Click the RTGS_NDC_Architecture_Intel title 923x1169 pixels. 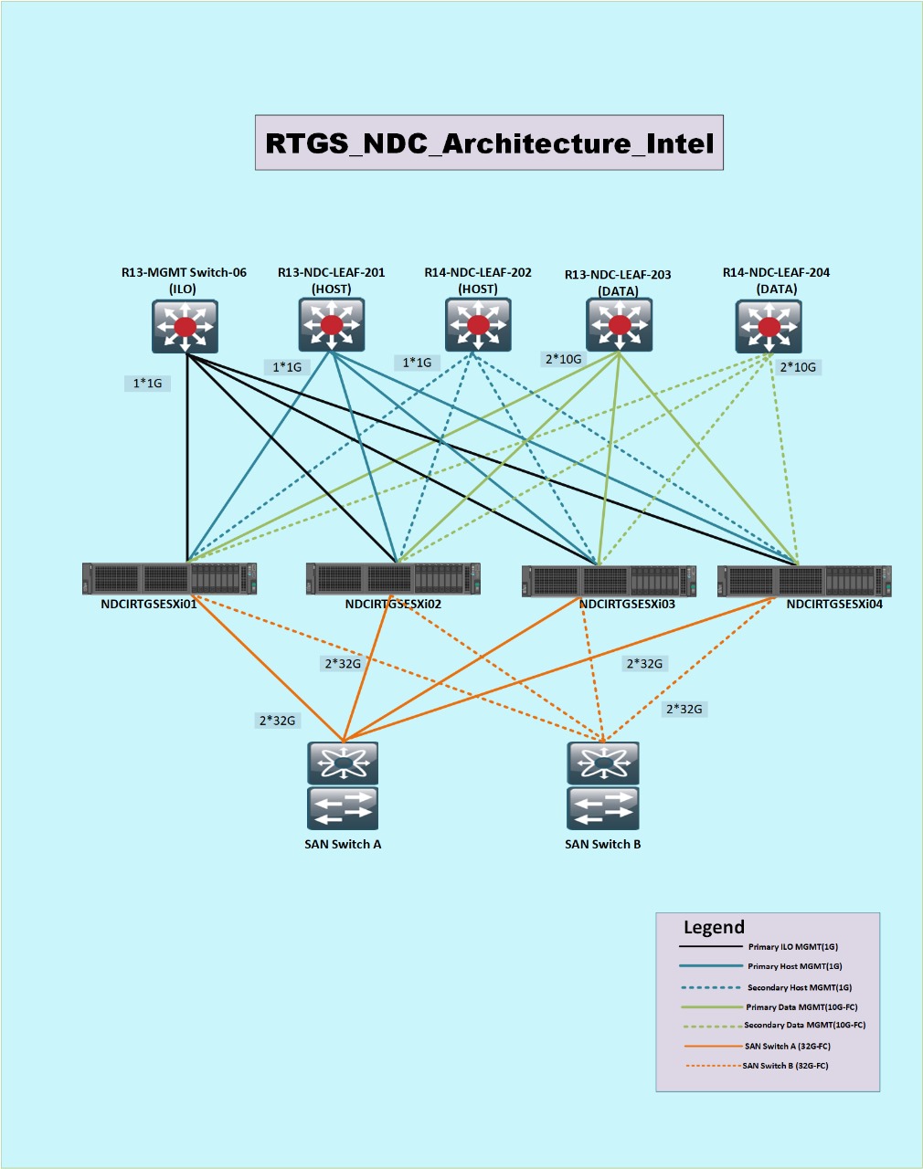point(489,143)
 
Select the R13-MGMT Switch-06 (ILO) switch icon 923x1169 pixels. point(185,326)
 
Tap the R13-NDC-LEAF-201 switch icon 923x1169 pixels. point(331,324)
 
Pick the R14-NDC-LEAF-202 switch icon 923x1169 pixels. point(478,324)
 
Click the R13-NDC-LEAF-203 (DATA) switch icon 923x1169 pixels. point(619,324)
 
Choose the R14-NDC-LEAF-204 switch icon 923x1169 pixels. point(769,326)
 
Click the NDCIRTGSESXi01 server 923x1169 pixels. point(169,579)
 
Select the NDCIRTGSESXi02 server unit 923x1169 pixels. point(393,579)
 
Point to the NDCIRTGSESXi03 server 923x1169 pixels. point(609,581)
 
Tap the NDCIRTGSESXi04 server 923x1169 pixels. point(804,581)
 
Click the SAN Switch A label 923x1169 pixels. point(343,844)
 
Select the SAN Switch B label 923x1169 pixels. point(602,844)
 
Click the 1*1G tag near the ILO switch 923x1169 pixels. point(147,384)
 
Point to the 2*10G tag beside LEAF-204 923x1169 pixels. point(798,367)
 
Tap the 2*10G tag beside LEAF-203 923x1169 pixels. point(564,359)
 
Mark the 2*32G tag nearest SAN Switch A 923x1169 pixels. point(277,721)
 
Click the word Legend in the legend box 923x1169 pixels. point(714,928)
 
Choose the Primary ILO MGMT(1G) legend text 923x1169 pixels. point(792,947)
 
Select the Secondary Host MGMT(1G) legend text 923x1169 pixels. point(799,987)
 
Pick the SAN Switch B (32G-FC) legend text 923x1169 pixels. point(785,1066)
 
